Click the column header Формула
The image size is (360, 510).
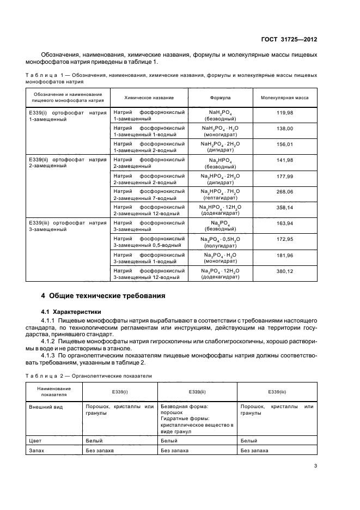220,98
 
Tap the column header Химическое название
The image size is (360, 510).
149,98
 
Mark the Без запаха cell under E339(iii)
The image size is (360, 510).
254,451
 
